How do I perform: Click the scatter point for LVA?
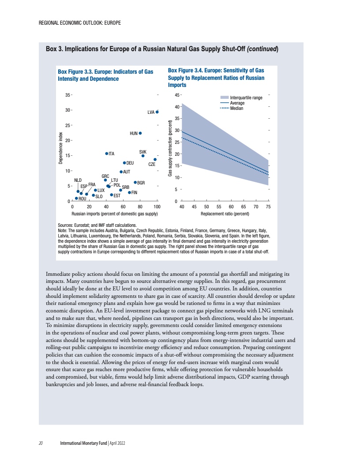pos(157,112)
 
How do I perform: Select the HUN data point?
pos(140,133)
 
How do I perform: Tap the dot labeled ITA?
pos(106,154)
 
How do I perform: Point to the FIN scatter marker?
pos(129,192)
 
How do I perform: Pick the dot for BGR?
pos(135,182)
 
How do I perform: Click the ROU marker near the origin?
pos(76,199)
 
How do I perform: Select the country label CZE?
pos(151,164)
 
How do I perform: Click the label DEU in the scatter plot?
pos(130,163)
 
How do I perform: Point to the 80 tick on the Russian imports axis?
pos(140,206)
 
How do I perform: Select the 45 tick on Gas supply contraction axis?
pos(177,95)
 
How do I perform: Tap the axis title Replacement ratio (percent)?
pos(225,214)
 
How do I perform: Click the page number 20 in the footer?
pos(40,443)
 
